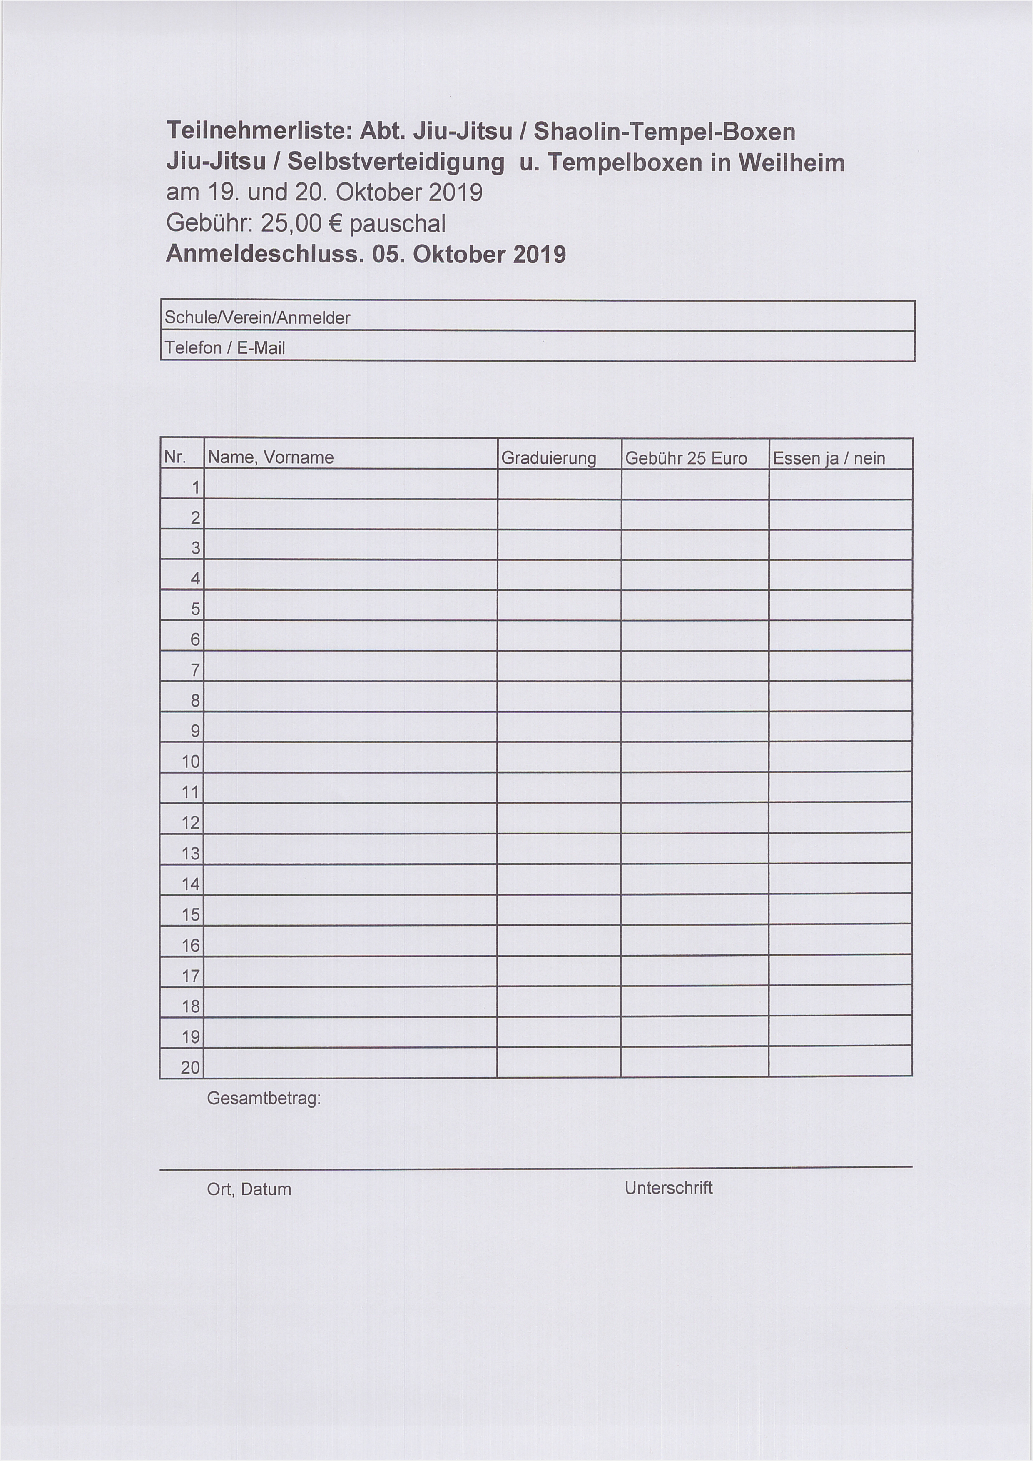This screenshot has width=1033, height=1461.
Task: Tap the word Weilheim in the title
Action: [791, 164]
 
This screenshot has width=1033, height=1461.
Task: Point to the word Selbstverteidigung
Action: [396, 164]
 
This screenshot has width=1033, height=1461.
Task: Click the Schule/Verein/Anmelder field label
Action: [257, 317]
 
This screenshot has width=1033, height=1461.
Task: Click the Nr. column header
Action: [174, 457]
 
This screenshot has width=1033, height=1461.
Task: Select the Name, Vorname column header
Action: [270, 457]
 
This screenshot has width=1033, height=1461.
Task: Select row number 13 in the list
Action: [191, 853]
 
